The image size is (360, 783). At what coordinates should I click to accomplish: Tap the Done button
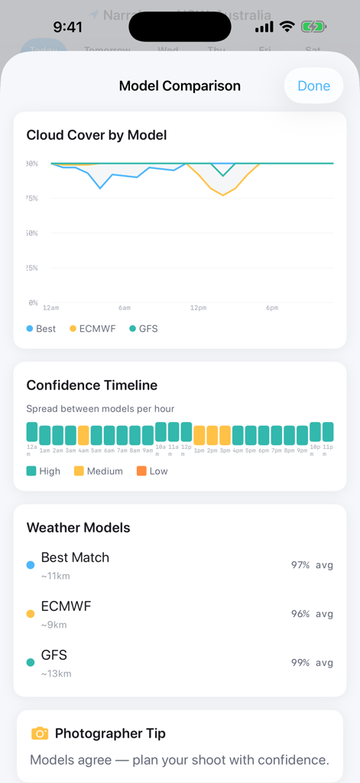[313, 86]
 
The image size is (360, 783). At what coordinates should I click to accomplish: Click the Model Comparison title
[180, 86]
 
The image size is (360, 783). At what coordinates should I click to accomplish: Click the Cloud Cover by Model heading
[96, 135]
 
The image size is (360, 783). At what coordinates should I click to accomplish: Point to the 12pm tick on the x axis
[198, 307]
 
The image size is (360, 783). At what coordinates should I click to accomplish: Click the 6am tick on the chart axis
[125, 307]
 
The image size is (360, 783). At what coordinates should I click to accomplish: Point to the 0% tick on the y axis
[32, 303]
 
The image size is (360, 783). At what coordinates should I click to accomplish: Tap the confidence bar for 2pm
[212, 435]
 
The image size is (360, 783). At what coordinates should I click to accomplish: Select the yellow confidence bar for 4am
[83, 435]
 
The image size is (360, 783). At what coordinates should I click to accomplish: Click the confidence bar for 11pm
[328, 432]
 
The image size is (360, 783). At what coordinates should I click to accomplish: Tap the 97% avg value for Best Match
[312, 565]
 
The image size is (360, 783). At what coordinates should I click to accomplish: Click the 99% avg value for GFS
[312, 663]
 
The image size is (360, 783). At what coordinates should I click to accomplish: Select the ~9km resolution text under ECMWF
[54, 625]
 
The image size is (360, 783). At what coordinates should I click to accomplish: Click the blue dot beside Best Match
[31, 565]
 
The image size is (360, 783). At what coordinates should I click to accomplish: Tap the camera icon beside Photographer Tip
[40, 733]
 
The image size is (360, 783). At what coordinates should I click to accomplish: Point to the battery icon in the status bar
[314, 27]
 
